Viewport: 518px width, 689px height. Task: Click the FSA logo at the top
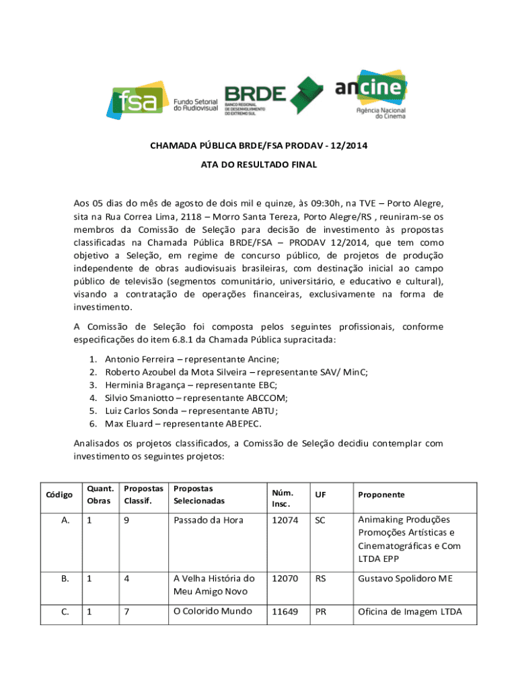[161, 100]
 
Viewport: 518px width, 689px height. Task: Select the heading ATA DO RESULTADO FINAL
[259, 164]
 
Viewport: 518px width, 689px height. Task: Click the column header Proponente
[381, 495]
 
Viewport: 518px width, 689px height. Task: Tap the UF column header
[320, 495]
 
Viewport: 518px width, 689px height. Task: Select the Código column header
[59, 495]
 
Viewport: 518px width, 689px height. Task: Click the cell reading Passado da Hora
[207, 520]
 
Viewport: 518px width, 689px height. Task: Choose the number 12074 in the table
[285, 520]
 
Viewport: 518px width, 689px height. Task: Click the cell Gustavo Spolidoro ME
[405, 578]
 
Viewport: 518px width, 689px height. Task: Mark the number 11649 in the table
[285, 612]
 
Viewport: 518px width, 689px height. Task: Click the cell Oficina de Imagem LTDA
[409, 612]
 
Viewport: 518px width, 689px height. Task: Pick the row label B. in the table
[65, 578]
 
